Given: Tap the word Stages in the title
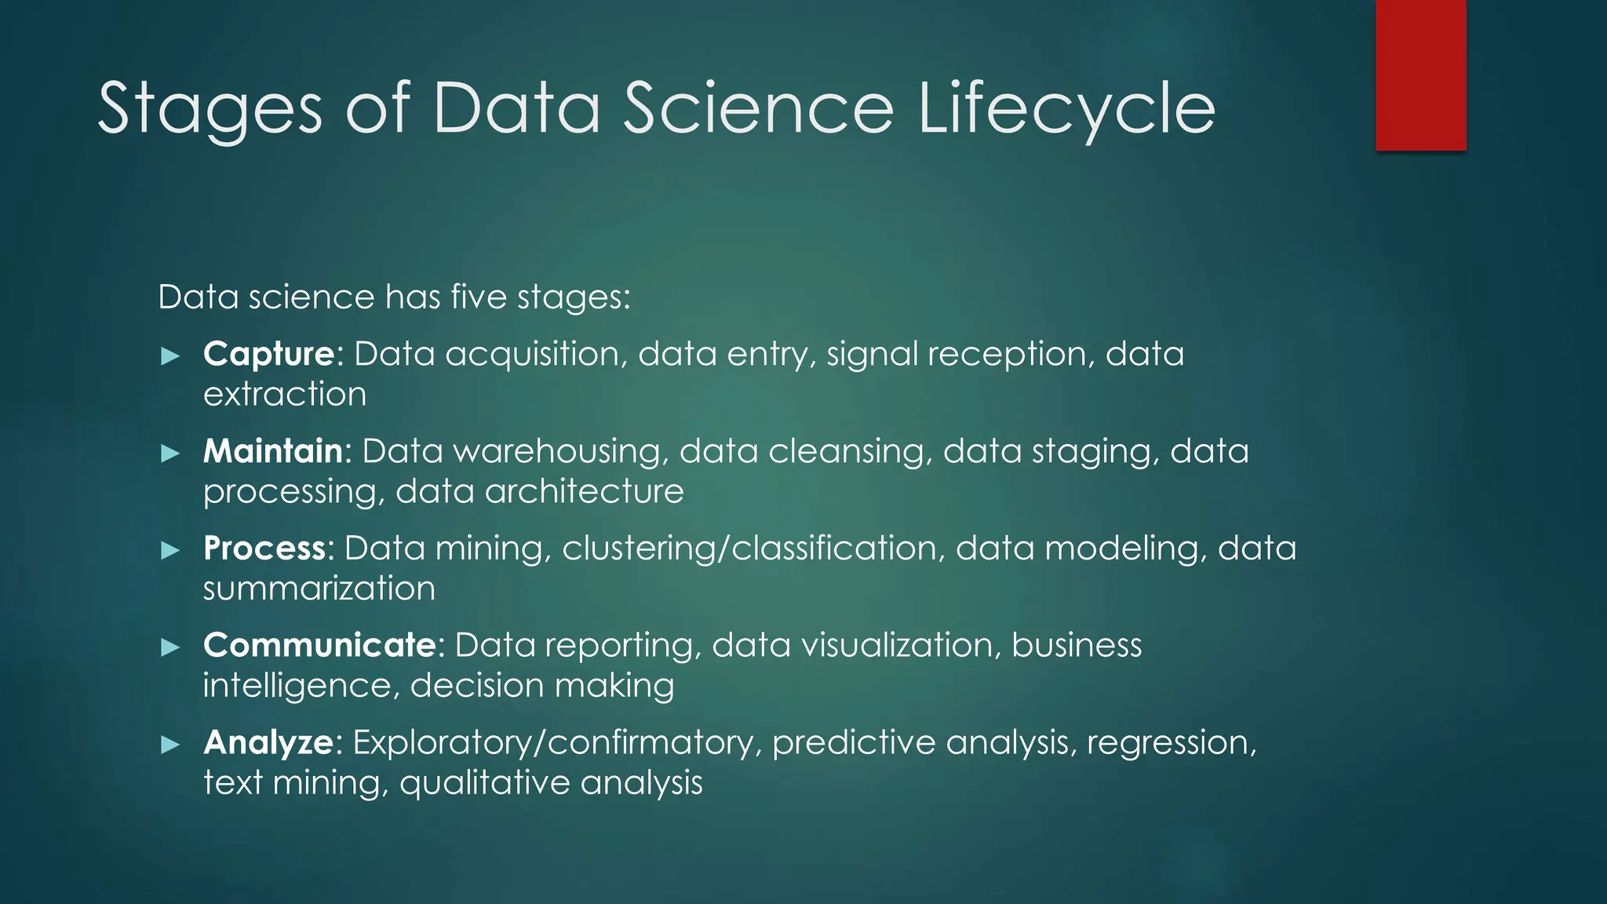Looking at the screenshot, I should pyautogui.click(x=210, y=110).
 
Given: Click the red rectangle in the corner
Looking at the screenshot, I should pyautogui.click(x=1420, y=75).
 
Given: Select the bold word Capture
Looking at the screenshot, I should pyautogui.click(x=269, y=354).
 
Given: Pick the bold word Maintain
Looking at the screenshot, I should pyautogui.click(x=273, y=451).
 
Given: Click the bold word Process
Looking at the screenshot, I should pyautogui.click(x=264, y=549).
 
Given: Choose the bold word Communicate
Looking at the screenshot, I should pyautogui.click(x=319, y=645).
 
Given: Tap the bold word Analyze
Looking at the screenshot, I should pyautogui.click(x=268, y=742).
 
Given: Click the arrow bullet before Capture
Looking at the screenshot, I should pyautogui.click(x=170, y=356).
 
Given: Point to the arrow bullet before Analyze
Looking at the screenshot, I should pyautogui.click(x=170, y=744).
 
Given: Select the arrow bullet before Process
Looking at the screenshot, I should pyautogui.click(x=170, y=550).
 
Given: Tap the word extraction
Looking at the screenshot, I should pyautogui.click(x=285, y=394).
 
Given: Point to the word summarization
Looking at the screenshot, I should pyautogui.click(x=319, y=589).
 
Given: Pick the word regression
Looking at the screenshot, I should pyautogui.click(x=1170, y=742).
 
